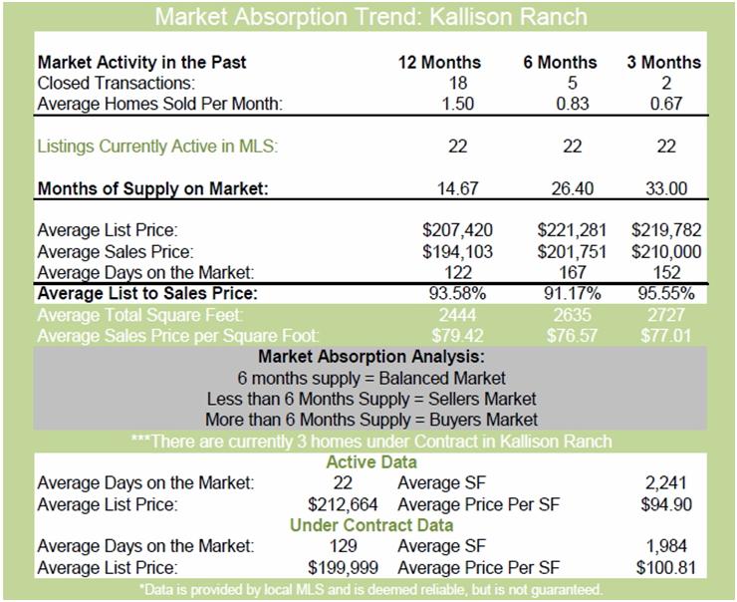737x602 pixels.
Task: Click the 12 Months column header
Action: coord(439,62)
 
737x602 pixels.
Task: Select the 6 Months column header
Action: coord(560,62)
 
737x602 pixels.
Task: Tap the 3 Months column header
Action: coord(663,62)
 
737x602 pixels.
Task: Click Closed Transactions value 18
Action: coord(458,83)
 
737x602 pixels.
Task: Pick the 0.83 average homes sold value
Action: coord(572,104)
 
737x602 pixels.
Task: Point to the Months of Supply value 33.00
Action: coord(666,188)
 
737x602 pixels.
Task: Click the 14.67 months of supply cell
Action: coord(457,188)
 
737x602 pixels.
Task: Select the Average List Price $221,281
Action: coord(572,230)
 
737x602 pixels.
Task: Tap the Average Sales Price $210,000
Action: coord(666,251)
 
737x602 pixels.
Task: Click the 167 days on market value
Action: coord(573,272)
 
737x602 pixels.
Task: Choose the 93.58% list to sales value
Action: coord(457,293)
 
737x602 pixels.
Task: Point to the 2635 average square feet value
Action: coord(572,315)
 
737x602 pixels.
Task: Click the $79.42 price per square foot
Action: coord(457,335)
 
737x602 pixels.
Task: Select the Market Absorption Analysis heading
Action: coord(370,356)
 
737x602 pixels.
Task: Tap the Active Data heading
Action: coord(371,461)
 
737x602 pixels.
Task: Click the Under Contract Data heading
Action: coord(371,525)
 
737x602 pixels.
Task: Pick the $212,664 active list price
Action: coord(343,504)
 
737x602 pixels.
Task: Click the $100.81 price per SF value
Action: coord(666,567)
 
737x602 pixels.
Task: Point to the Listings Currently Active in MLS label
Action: coord(157,147)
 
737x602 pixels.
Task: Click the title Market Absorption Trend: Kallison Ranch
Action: coord(370,17)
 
